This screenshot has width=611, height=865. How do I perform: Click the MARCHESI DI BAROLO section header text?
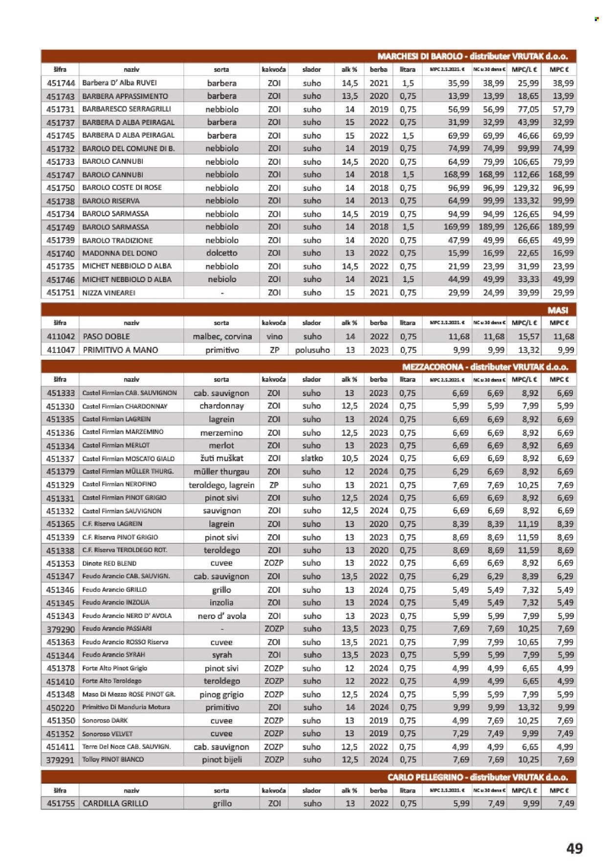coord(472,56)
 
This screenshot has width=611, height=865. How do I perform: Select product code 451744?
coord(60,83)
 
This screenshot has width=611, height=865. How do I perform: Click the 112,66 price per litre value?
coord(525,175)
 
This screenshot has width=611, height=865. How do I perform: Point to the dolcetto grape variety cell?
coord(221,253)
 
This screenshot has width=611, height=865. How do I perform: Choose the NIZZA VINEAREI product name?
coord(109,292)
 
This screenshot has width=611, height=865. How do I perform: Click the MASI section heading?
coord(557,310)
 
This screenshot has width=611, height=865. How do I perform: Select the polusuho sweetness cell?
coord(312,350)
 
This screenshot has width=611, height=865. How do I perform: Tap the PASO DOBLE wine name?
coord(106,336)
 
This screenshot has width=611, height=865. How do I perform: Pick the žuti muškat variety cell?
coord(221,459)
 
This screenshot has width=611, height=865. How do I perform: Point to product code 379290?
coord(60,629)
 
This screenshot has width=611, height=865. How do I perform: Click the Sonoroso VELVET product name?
coord(107,734)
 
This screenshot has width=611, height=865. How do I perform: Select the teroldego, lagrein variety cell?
coord(221,485)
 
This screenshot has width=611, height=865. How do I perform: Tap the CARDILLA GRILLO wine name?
coord(115,803)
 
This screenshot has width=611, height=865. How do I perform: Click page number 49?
coord(574,848)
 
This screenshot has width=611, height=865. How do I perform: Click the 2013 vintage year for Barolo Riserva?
coord(378,201)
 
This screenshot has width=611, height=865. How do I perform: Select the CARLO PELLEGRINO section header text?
coord(477,777)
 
